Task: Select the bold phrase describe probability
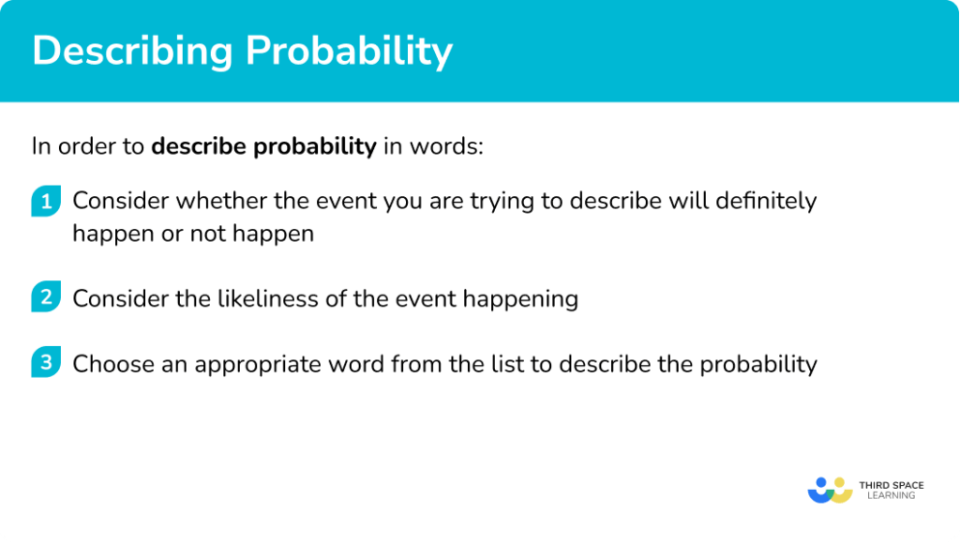(x=263, y=147)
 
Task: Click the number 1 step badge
(x=45, y=202)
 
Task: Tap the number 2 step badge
(x=45, y=299)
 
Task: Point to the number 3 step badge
(x=45, y=363)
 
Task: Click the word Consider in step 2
(x=117, y=299)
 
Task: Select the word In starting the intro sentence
(x=40, y=147)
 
